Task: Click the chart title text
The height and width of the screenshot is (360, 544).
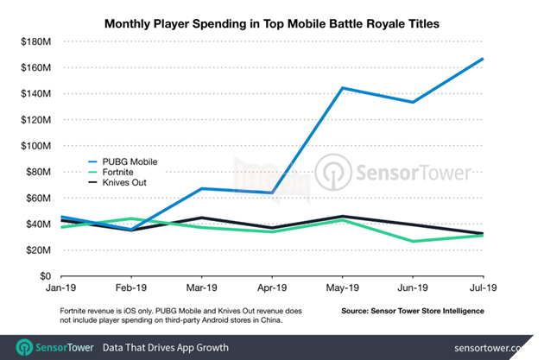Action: click(271, 25)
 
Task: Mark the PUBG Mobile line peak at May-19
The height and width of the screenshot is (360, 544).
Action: click(343, 88)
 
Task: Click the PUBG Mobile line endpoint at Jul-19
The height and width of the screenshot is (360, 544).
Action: click(483, 59)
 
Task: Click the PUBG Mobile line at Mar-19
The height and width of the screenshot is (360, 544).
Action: click(200, 188)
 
